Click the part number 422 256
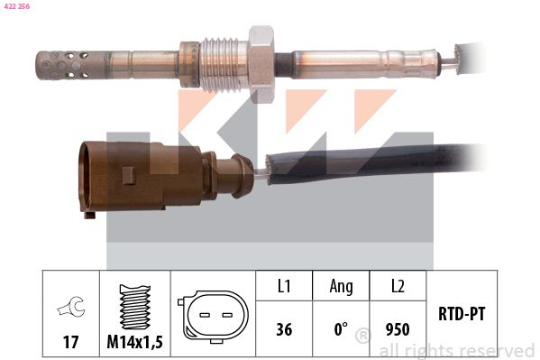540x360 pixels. click(x=17, y=6)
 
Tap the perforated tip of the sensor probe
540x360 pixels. click(x=64, y=65)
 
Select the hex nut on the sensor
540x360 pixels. click(x=261, y=64)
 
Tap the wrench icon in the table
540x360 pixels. click(x=71, y=306)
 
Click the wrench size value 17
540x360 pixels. click(x=70, y=342)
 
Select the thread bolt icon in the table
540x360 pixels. click(x=134, y=307)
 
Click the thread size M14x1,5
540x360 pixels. click(x=134, y=342)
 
